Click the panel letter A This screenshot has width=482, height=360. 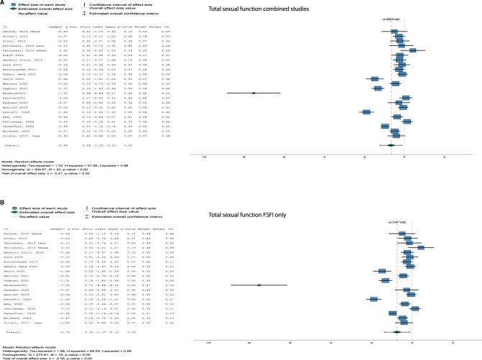point(4,4)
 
